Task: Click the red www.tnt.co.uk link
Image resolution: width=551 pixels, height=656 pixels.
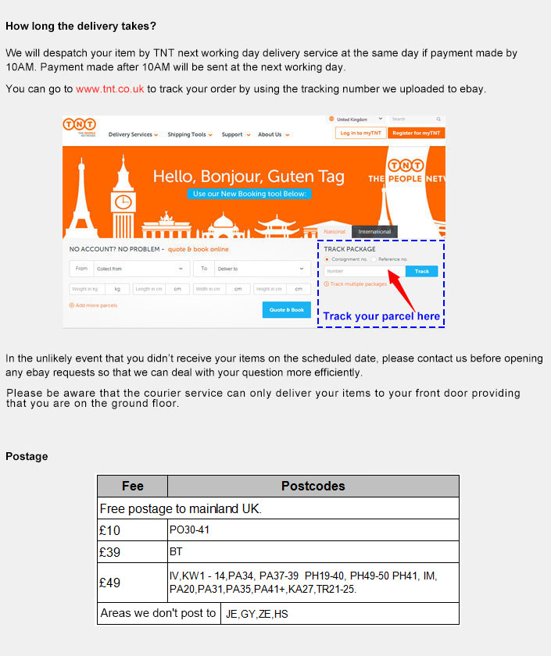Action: [109, 89]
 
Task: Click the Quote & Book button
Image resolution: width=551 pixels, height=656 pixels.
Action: [286, 310]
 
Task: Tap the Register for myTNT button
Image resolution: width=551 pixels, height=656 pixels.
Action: [416, 133]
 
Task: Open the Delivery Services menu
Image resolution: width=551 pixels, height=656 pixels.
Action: [133, 134]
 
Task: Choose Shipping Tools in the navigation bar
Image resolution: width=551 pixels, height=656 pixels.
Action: [188, 134]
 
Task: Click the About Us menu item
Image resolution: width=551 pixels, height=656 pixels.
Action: [273, 134]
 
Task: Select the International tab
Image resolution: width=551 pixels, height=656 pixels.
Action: [374, 232]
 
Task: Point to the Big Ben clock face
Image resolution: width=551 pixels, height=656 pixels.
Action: [123, 202]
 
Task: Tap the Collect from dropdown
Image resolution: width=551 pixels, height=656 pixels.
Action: [141, 269]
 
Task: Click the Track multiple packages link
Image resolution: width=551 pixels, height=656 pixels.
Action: [357, 284]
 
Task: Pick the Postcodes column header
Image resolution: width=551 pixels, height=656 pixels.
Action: [313, 486]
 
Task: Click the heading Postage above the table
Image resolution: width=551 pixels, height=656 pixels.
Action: [27, 456]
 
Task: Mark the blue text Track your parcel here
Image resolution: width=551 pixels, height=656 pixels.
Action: [381, 316]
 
